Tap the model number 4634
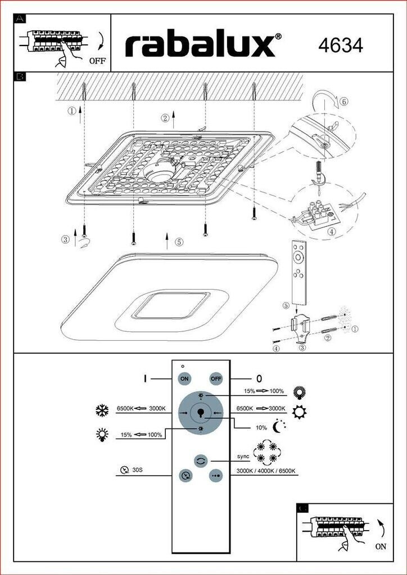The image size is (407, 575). coord(341,45)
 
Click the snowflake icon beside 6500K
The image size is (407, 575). coord(102,410)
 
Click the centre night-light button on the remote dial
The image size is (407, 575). coord(201,413)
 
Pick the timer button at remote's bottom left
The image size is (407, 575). coord(186,476)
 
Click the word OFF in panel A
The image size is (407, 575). coord(97,61)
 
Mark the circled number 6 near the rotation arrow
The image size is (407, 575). coord(344,102)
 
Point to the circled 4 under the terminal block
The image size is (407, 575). coord(332,231)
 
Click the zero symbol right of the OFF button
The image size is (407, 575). coord(259,378)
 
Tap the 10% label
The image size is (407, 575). coord(261,428)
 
